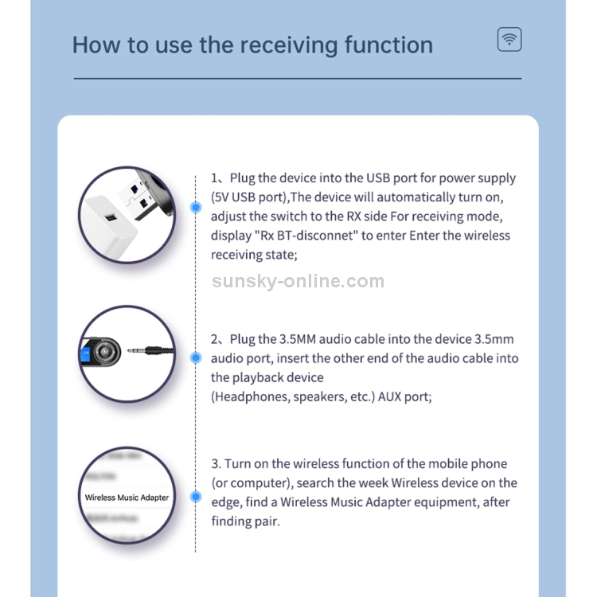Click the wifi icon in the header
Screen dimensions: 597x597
point(509,39)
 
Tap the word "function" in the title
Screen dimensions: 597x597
point(388,45)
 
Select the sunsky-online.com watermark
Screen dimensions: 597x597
point(298,281)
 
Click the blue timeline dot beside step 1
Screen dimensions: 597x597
point(196,207)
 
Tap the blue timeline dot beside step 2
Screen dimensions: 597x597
point(196,357)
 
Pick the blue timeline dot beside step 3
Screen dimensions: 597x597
point(196,497)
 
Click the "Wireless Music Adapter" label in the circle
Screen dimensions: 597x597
point(127,497)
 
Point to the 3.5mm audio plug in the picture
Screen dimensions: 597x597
point(150,351)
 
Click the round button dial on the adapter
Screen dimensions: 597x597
point(105,352)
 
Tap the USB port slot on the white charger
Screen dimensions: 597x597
point(111,217)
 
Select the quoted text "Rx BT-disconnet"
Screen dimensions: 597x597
point(306,236)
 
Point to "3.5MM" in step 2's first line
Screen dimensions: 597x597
point(298,339)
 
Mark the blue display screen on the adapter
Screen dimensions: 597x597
point(86,354)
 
